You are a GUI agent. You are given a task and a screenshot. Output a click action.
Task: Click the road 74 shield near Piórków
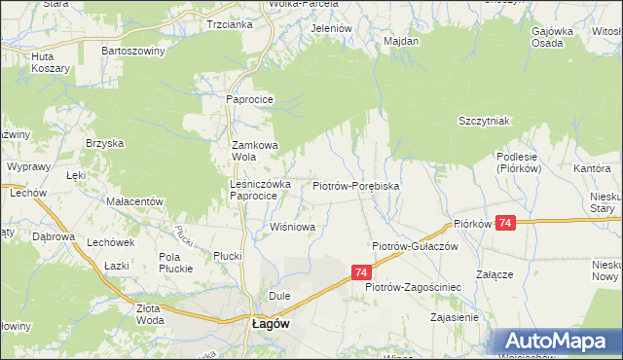504,224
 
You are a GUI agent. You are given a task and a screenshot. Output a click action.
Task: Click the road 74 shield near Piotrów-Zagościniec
361,273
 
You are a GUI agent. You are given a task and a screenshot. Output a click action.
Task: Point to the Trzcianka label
230,24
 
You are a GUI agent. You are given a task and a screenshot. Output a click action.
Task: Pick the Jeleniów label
330,28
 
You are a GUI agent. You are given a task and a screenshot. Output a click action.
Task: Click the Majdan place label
401,41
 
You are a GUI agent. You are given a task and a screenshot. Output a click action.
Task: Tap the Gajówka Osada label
551,37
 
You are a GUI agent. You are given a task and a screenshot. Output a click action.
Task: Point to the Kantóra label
592,168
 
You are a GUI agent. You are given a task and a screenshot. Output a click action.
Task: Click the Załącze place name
494,274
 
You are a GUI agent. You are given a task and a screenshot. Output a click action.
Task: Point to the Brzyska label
104,143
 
